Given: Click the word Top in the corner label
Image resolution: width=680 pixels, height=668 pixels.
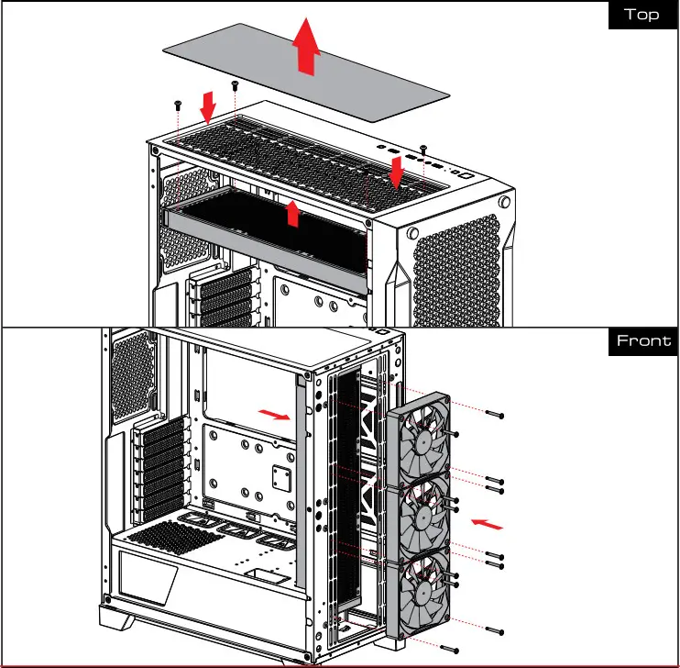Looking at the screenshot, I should pyautogui.click(x=641, y=15).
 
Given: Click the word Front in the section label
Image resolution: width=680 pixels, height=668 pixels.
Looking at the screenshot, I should pyautogui.click(x=643, y=341).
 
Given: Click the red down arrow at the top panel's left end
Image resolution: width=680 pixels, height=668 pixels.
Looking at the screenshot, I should pyautogui.click(x=209, y=106).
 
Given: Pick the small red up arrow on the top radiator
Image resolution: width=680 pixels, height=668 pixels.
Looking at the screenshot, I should pyautogui.click(x=292, y=213).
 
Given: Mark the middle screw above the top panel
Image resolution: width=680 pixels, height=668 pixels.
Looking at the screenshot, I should pyautogui.click(x=235, y=84).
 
